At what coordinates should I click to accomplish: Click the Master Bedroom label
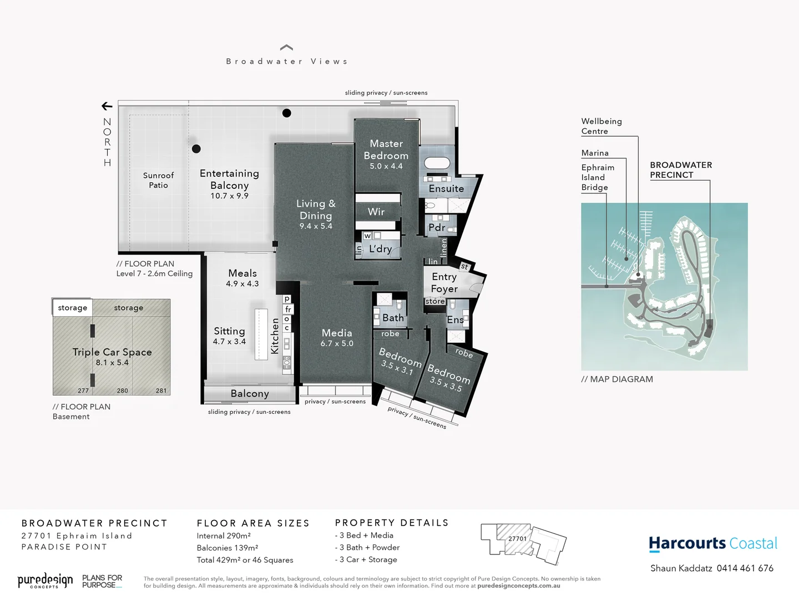(386, 149)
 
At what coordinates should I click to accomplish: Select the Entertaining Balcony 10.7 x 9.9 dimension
(229, 196)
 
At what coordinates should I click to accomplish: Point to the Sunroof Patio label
(158, 180)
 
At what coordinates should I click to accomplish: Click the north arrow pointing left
(107, 106)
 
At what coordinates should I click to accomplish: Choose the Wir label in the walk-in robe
(376, 212)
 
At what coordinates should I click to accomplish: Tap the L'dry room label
(380, 249)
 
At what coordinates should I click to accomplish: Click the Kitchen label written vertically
(275, 336)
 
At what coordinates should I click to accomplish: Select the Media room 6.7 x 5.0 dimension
(337, 343)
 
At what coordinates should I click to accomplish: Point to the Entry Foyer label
(444, 282)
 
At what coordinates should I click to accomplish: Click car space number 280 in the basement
(123, 391)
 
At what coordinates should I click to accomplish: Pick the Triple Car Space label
(112, 352)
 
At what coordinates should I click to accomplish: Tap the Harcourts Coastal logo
(713, 543)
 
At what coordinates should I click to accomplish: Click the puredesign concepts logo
(45, 581)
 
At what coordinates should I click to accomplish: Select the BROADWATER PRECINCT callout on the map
(681, 169)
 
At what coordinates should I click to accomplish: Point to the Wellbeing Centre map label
(601, 126)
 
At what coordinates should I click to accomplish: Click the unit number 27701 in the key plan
(517, 538)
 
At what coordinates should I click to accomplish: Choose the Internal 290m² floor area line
(224, 536)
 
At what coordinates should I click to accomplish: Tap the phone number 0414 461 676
(745, 568)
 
